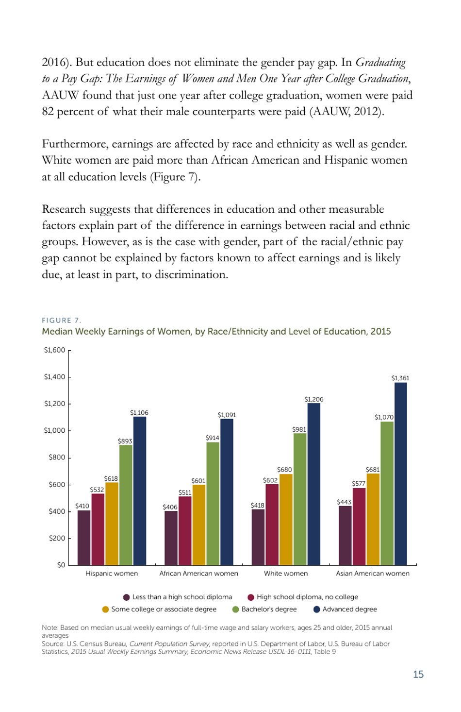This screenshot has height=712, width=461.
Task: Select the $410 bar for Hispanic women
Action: coord(84,538)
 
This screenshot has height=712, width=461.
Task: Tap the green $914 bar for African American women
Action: coord(213,504)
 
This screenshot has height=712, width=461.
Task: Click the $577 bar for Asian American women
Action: coord(359,526)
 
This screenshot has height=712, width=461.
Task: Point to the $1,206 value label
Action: coord(313,399)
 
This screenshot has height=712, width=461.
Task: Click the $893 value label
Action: coord(125,441)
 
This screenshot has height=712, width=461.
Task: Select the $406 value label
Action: coord(170,507)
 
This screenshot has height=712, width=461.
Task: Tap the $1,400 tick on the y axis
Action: coord(54,377)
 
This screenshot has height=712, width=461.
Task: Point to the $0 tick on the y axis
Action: coord(61,565)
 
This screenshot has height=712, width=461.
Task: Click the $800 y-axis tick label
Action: coord(56,457)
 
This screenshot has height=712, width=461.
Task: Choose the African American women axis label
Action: coord(198,574)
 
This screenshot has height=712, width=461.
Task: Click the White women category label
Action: coord(286,574)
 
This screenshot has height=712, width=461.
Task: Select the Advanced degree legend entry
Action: coord(345,609)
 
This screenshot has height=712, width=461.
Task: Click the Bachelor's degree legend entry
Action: coord(264,609)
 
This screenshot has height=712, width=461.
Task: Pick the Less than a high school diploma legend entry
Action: coord(178,597)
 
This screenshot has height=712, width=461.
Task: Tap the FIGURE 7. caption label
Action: coord(62,320)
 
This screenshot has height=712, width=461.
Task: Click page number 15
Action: coord(418,674)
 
